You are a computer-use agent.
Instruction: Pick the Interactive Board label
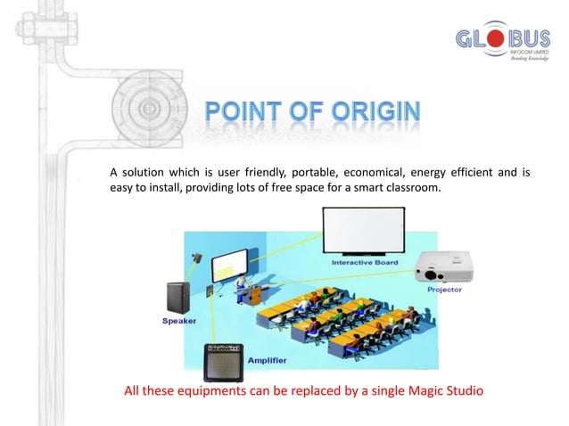coord(366,264)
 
